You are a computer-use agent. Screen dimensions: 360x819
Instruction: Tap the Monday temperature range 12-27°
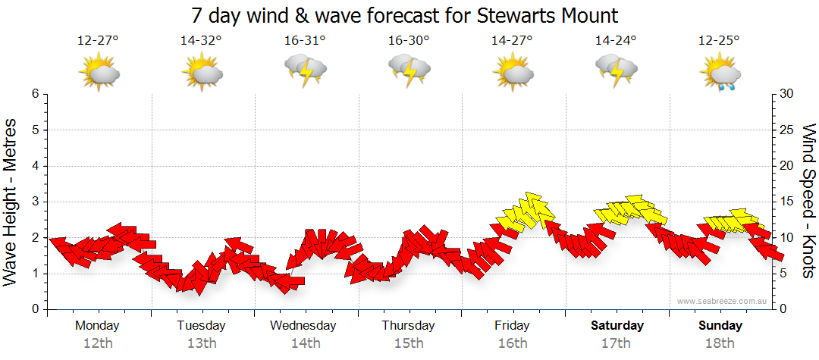point(98,41)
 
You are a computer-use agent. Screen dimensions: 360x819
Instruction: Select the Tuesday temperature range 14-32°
point(201,41)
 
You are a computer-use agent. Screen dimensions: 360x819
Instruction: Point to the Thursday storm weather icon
point(409,72)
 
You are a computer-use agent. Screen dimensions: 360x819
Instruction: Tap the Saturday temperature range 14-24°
point(616,41)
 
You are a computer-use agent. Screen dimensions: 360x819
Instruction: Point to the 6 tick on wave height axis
point(35,94)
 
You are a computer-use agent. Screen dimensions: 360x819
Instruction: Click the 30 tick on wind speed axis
point(787,94)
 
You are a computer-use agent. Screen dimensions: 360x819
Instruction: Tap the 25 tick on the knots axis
point(787,130)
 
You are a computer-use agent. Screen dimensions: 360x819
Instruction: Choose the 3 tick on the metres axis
point(35,202)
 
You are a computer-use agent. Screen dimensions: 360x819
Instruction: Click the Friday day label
point(512,326)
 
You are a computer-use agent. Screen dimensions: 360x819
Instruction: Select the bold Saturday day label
point(617,326)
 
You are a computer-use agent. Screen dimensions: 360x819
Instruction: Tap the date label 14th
point(305,343)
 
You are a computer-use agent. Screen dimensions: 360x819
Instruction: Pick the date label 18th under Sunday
point(720,343)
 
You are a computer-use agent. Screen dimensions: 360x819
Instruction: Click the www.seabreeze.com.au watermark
point(723,301)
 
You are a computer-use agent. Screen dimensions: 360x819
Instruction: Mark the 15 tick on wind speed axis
point(787,202)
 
